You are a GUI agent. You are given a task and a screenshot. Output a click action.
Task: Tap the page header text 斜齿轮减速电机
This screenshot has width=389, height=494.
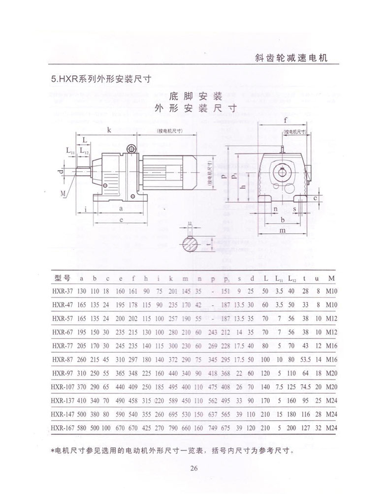[292, 58]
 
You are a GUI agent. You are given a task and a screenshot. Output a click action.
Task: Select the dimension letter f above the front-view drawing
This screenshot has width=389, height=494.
[286, 120]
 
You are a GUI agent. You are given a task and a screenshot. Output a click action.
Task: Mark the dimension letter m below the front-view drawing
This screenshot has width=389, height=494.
[282, 230]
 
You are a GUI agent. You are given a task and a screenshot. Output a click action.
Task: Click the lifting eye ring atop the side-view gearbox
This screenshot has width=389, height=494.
[131, 148]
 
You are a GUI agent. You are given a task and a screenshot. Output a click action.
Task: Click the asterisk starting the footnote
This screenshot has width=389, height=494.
[53, 450]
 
